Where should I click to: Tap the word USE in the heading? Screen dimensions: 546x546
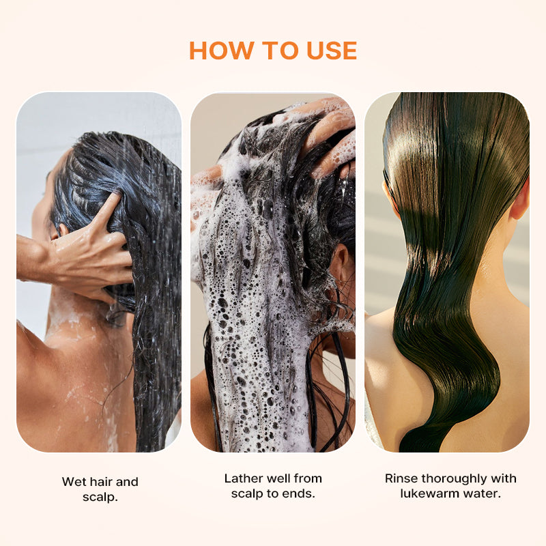click(332, 51)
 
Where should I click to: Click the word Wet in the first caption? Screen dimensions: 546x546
click(74, 482)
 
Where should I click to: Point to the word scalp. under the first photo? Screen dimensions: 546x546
click(100, 498)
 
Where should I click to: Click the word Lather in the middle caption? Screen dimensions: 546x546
click(242, 478)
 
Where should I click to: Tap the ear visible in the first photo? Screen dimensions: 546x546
click(62, 231)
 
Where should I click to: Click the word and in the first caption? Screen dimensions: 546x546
click(127, 482)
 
